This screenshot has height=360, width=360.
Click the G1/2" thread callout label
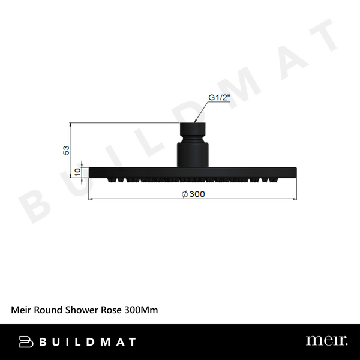pos(219,98)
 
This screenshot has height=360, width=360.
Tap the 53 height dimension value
pos(67,149)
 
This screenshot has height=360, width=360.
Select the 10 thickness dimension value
pos(76,172)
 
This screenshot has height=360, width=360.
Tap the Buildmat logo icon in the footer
pos(26,341)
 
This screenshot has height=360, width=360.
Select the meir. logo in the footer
pos(326,341)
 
